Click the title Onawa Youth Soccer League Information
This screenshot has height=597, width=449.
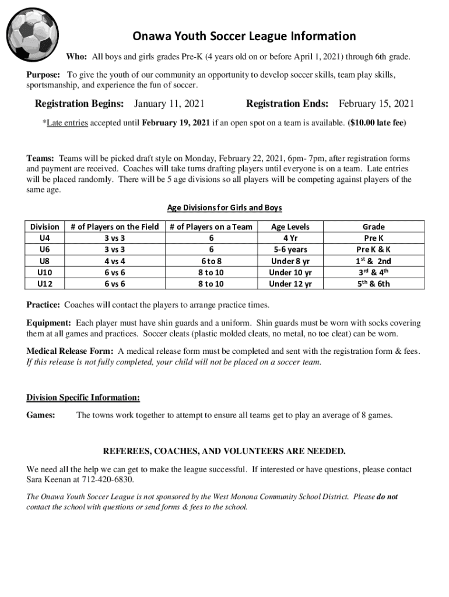tap(244, 36)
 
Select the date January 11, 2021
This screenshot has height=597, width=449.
tap(169, 104)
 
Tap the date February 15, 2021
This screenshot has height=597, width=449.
tap(376, 104)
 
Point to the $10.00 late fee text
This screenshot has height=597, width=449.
tap(377, 123)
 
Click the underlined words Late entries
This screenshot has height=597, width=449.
tap(66, 123)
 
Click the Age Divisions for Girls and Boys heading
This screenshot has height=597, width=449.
tap(224, 208)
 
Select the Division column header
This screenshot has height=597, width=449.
tap(44, 226)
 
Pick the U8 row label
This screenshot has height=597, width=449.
tap(44, 261)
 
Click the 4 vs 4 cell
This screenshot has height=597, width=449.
tap(114, 261)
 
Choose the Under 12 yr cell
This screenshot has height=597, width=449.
tap(290, 284)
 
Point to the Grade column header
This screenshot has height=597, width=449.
tap(373, 226)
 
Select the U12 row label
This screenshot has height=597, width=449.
tap(44, 284)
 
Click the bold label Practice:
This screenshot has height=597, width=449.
tap(43, 305)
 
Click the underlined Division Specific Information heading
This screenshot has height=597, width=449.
tap(83, 398)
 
